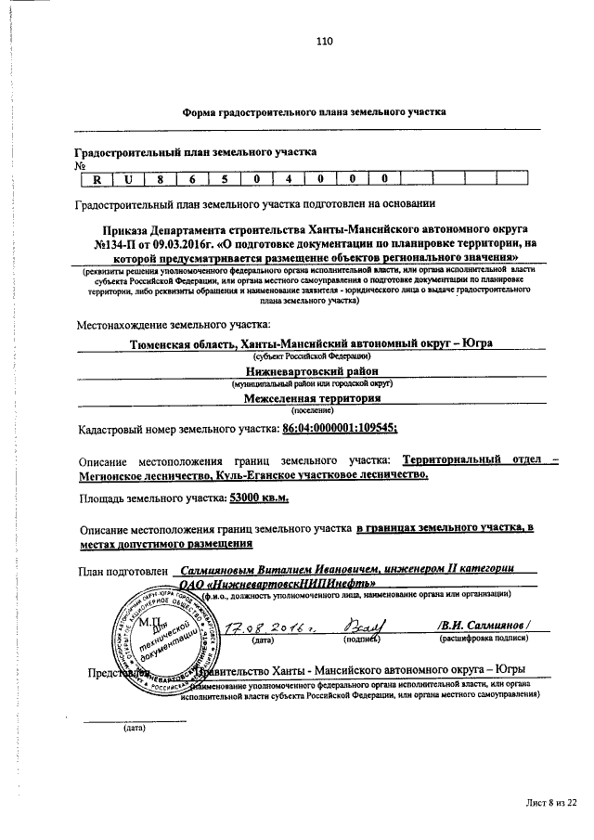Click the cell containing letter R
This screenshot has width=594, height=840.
(x=97, y=179)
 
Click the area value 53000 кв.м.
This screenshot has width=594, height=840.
(x=259, y=498)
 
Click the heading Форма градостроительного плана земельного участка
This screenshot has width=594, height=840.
(x=313, y=111)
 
